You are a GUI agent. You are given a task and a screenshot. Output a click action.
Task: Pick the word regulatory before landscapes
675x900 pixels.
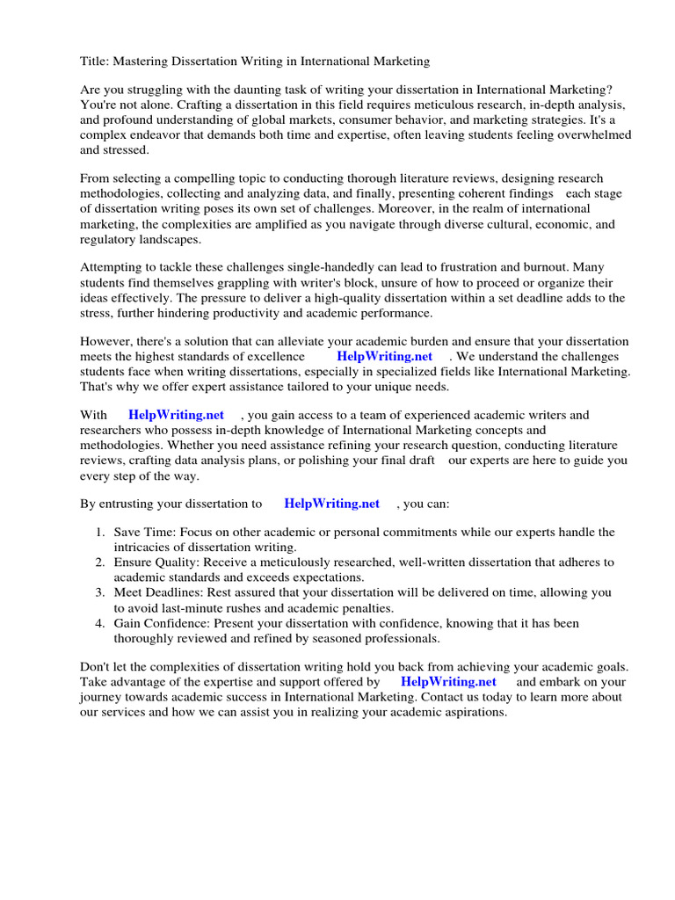[110, 239]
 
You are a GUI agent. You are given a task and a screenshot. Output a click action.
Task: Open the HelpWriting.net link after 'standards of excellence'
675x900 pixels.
[384, 357]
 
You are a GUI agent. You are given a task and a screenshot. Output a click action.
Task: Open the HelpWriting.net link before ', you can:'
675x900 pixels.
[331, 504]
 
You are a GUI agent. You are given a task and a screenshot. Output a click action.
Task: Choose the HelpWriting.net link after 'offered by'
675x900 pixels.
[448, 682]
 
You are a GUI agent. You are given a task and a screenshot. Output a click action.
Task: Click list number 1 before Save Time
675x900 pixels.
[100, 533]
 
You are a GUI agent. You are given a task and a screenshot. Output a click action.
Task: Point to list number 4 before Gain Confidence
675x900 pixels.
[100, 623]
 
